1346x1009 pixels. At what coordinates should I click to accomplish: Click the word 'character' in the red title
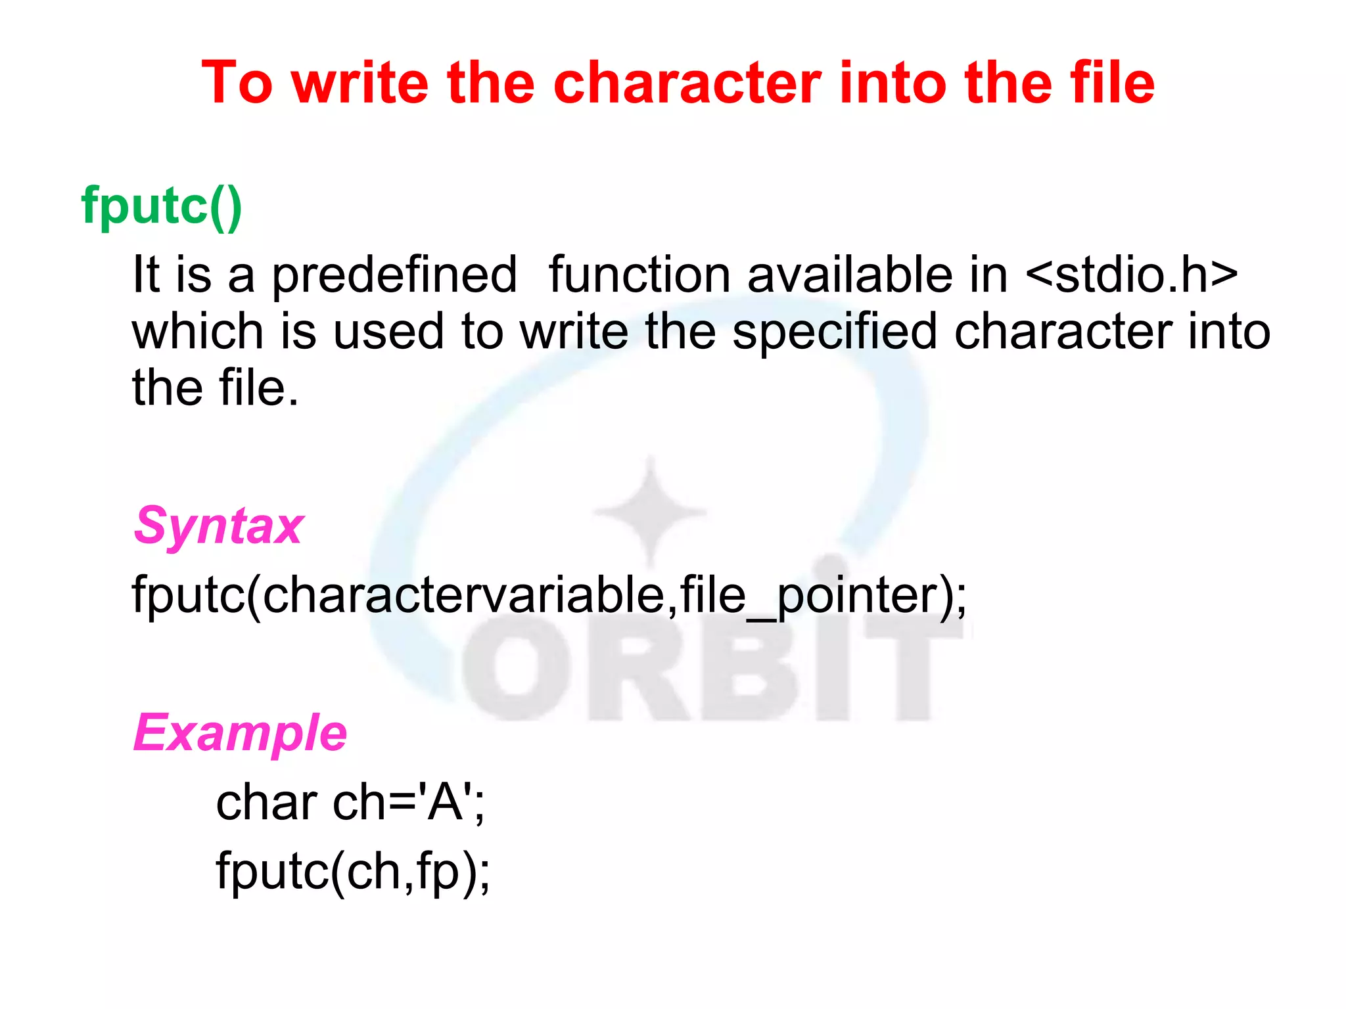point(687,83)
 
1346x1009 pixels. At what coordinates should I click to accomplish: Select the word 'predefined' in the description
point(394,275)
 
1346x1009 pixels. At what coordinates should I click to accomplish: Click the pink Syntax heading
point(218,526)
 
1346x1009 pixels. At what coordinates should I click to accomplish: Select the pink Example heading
point(240,733)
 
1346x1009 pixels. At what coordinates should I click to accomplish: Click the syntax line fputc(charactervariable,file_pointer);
point(549,595)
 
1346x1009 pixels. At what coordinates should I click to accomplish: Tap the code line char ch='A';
point(350,803)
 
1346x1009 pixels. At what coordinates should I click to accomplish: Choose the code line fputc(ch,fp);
point(353,871)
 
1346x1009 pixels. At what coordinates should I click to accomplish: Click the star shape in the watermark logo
point(650,511)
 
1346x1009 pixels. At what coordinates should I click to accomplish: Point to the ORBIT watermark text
point(697,670)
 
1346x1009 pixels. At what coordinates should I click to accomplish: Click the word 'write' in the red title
point(360,83)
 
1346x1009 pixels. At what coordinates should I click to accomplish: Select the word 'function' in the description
point(639,274)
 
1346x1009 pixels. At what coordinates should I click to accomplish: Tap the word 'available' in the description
point(850,274)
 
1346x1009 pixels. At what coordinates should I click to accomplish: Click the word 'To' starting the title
point(237,83)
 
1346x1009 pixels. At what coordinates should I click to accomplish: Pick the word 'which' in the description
point(198,331)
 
